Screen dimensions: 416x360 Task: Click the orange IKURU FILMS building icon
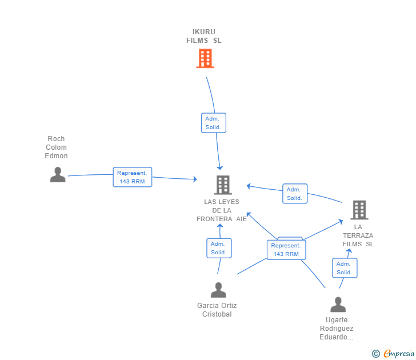coord(205,58)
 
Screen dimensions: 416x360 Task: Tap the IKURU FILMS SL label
coord(204,36)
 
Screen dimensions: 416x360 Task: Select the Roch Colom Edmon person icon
coord(58,174)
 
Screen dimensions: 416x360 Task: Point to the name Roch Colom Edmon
coord(56,147)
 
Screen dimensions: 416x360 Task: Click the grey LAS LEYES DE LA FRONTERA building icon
coord(223,185)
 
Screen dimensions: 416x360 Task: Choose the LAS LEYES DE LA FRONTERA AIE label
coord(222,210)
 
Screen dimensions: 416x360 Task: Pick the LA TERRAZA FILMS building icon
coord(359,210)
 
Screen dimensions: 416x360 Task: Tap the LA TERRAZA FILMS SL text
coord(358,235)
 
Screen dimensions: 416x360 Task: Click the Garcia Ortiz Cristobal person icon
coord(218,290)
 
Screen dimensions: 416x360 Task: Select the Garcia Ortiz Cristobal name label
coord(217,310)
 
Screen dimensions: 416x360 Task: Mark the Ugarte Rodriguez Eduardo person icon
coord(338,305)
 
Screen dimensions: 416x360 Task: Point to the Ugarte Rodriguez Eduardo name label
coord(337,329)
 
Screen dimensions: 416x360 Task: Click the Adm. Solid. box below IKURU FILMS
coord(214,123)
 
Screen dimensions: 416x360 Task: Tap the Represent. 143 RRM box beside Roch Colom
coord(133,177)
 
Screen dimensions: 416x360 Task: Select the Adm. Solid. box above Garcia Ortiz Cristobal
coord(219,248)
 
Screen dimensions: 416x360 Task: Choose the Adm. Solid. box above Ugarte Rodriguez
coord(345,268)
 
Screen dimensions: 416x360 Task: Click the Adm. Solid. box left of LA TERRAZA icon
coord(295,194)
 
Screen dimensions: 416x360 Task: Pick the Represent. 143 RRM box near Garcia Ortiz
coord(286,250)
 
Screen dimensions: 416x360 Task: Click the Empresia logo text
coord(399,353)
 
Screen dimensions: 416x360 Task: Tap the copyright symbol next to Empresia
coord(375,354)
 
